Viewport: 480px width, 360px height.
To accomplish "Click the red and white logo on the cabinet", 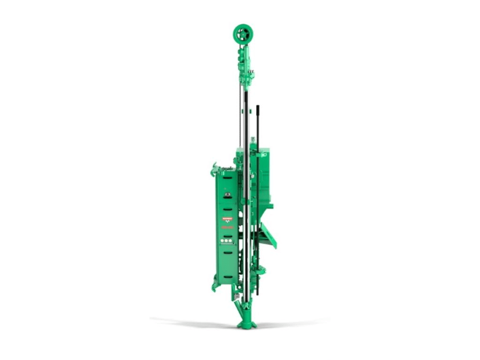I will (227, 219).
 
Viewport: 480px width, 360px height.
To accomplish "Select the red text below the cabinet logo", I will (227, 227).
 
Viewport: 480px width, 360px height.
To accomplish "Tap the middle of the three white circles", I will (227, 241).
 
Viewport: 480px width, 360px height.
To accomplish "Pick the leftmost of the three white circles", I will (223, 241).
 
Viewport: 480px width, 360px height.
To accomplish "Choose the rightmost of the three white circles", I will (231, 241).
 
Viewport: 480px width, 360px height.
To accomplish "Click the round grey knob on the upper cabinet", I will (227, 194).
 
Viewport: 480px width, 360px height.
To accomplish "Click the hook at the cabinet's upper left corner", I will (214, 169).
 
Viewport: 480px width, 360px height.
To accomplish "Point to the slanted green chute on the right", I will (269, 236).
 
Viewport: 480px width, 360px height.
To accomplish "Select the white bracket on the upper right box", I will (261, 155).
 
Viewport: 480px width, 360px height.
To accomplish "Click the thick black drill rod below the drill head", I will (246, 141).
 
